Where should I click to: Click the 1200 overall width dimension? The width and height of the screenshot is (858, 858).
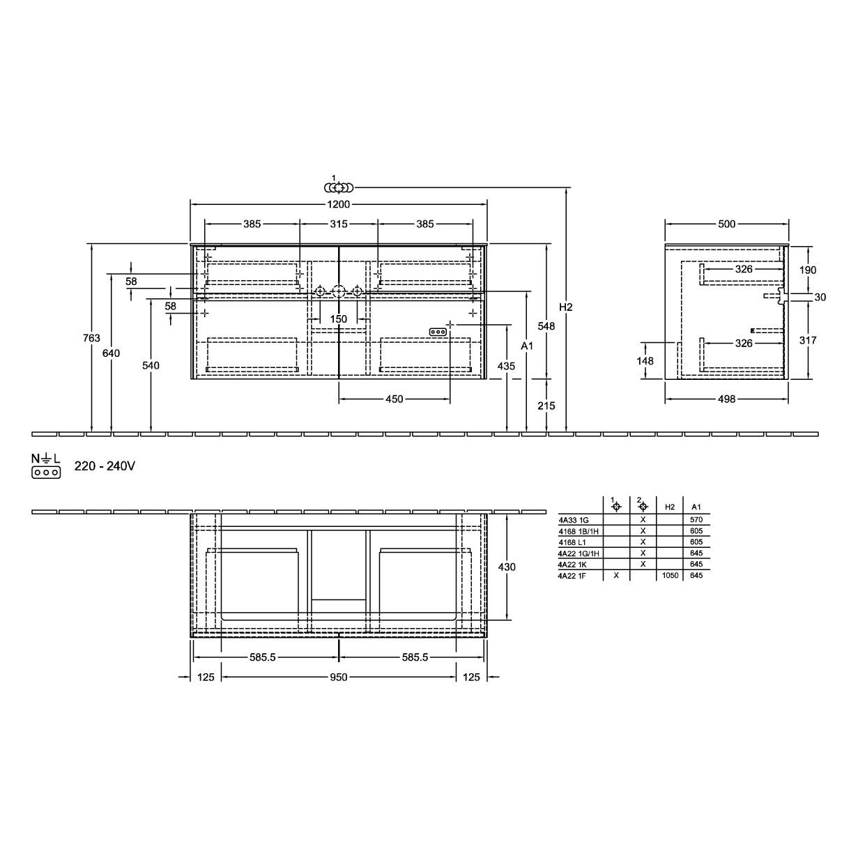(339, 204)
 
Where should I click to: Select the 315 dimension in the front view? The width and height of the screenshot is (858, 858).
(339, 224)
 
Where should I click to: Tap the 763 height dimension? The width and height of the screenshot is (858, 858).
(91, 338)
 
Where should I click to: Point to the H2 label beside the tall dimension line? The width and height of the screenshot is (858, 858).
(565, 307)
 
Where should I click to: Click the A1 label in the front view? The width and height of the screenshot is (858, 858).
(527, 346)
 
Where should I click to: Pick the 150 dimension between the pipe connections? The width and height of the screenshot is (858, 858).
(339, 319)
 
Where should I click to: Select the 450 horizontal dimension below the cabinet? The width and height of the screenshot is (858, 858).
(394, 399)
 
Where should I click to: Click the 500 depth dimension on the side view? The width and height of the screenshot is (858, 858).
(726, 224)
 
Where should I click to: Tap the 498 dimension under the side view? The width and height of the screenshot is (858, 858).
(726, 399)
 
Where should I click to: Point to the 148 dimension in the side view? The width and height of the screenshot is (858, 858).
(645, 360)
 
